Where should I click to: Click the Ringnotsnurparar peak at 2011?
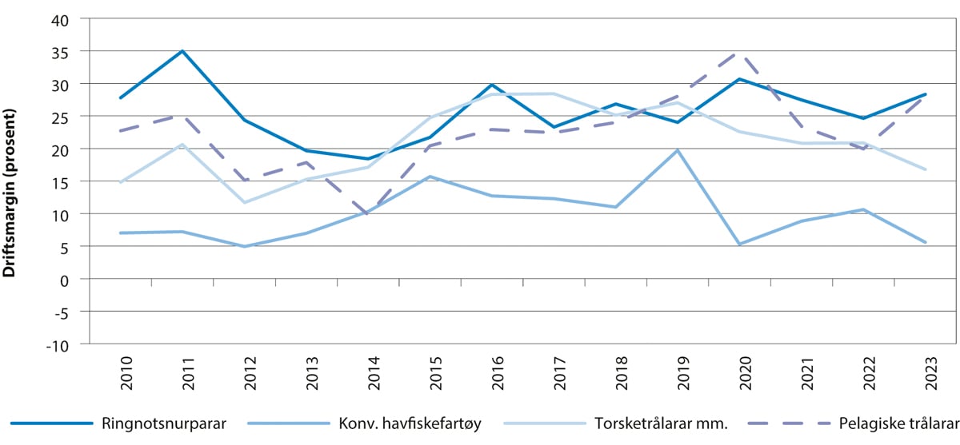tap(182, 51)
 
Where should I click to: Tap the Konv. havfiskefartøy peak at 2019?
tap(678, 150)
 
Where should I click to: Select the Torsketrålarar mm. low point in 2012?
tap(244, 202)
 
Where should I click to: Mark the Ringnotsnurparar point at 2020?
tap(739, 79)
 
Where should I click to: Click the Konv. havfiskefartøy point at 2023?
tap(926, 243)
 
